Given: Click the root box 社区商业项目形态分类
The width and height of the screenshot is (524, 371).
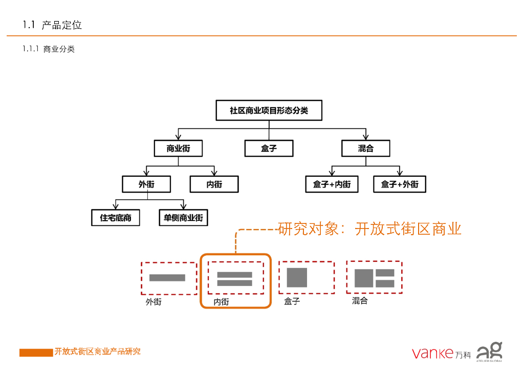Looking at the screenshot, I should pos(269,111).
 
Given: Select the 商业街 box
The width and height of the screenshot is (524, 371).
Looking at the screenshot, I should pos(178,149).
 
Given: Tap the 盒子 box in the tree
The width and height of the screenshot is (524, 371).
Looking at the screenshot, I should pos(269,149).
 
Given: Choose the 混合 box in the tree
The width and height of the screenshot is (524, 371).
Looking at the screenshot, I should pos(365,149).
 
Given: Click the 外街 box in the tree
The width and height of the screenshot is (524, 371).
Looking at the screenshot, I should pos(146,184).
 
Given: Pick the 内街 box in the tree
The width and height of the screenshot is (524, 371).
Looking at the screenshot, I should pos(214,184).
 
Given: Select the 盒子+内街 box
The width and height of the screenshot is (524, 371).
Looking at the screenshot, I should pos(332,184).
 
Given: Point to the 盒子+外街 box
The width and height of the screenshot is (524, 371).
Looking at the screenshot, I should pos(400,184).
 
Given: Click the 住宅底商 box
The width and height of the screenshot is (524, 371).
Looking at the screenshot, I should pos(116,218).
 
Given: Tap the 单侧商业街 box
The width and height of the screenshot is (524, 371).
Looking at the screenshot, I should pos(183,218).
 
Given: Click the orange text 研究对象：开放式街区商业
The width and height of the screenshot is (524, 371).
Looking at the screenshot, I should pos(369,229).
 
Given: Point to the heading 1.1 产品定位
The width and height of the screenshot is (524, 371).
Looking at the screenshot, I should pos(52,25).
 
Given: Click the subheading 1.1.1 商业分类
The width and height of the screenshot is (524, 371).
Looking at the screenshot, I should pos(49,50).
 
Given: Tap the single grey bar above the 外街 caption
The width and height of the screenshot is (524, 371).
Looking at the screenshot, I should pos(167,278).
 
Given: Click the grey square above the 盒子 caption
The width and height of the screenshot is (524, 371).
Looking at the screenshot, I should pos(297,277).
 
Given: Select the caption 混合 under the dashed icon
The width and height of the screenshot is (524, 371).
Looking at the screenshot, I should pos(360,301).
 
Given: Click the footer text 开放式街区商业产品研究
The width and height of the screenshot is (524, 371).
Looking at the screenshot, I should pos(97,352).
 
